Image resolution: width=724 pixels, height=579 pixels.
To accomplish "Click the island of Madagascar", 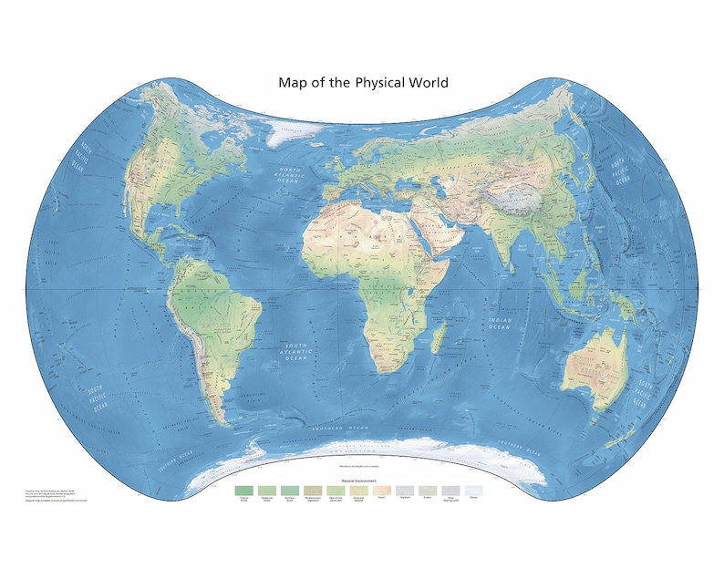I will [437, 342].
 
